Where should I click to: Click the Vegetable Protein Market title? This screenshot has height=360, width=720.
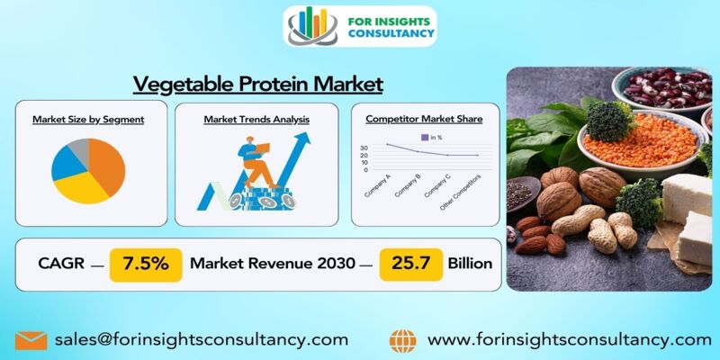tap(258, 85)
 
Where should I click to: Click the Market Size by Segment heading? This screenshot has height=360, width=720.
tap(88, 119)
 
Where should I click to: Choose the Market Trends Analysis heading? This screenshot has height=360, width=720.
tap(256, 119)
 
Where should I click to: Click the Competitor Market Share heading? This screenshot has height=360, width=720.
tap(424, 119)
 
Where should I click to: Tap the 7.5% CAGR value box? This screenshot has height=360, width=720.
tap(145, 264)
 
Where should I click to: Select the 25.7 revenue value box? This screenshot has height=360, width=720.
tap(409, 264)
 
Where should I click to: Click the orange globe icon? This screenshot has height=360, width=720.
tap(403, 340)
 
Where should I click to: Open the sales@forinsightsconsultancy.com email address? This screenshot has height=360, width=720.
tap(202, 340)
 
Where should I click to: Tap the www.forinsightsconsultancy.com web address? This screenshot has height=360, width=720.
tap(569, 340)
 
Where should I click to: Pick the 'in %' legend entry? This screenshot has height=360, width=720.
tap(431, 137)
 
